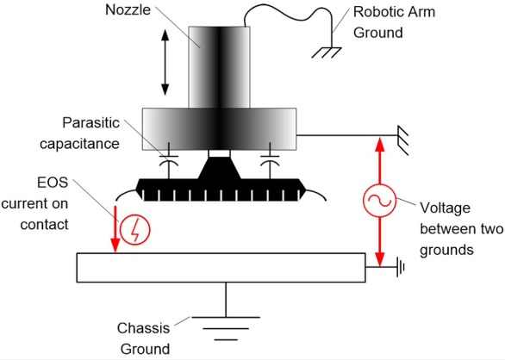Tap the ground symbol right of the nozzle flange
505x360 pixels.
click(x=402, y=135)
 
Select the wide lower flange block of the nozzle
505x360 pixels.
click(x=220, y=125)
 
